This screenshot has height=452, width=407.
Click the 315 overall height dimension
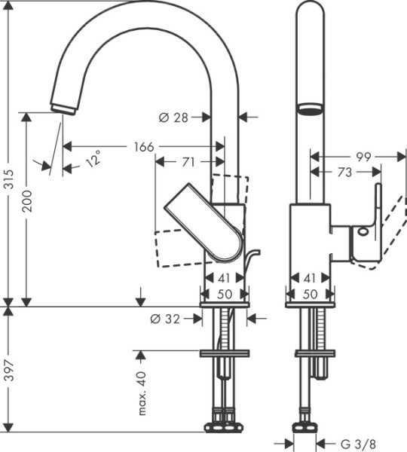[x=9, y=178]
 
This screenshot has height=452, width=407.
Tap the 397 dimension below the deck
[x=9, y=367]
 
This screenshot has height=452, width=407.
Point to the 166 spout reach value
[x=141, y=146]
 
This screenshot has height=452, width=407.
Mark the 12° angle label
[x=92, y=160]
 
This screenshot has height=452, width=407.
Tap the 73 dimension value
[x=344, y=172]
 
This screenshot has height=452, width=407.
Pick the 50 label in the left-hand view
[x=225, y=293]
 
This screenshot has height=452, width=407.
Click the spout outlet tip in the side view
[x=63, y=108]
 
